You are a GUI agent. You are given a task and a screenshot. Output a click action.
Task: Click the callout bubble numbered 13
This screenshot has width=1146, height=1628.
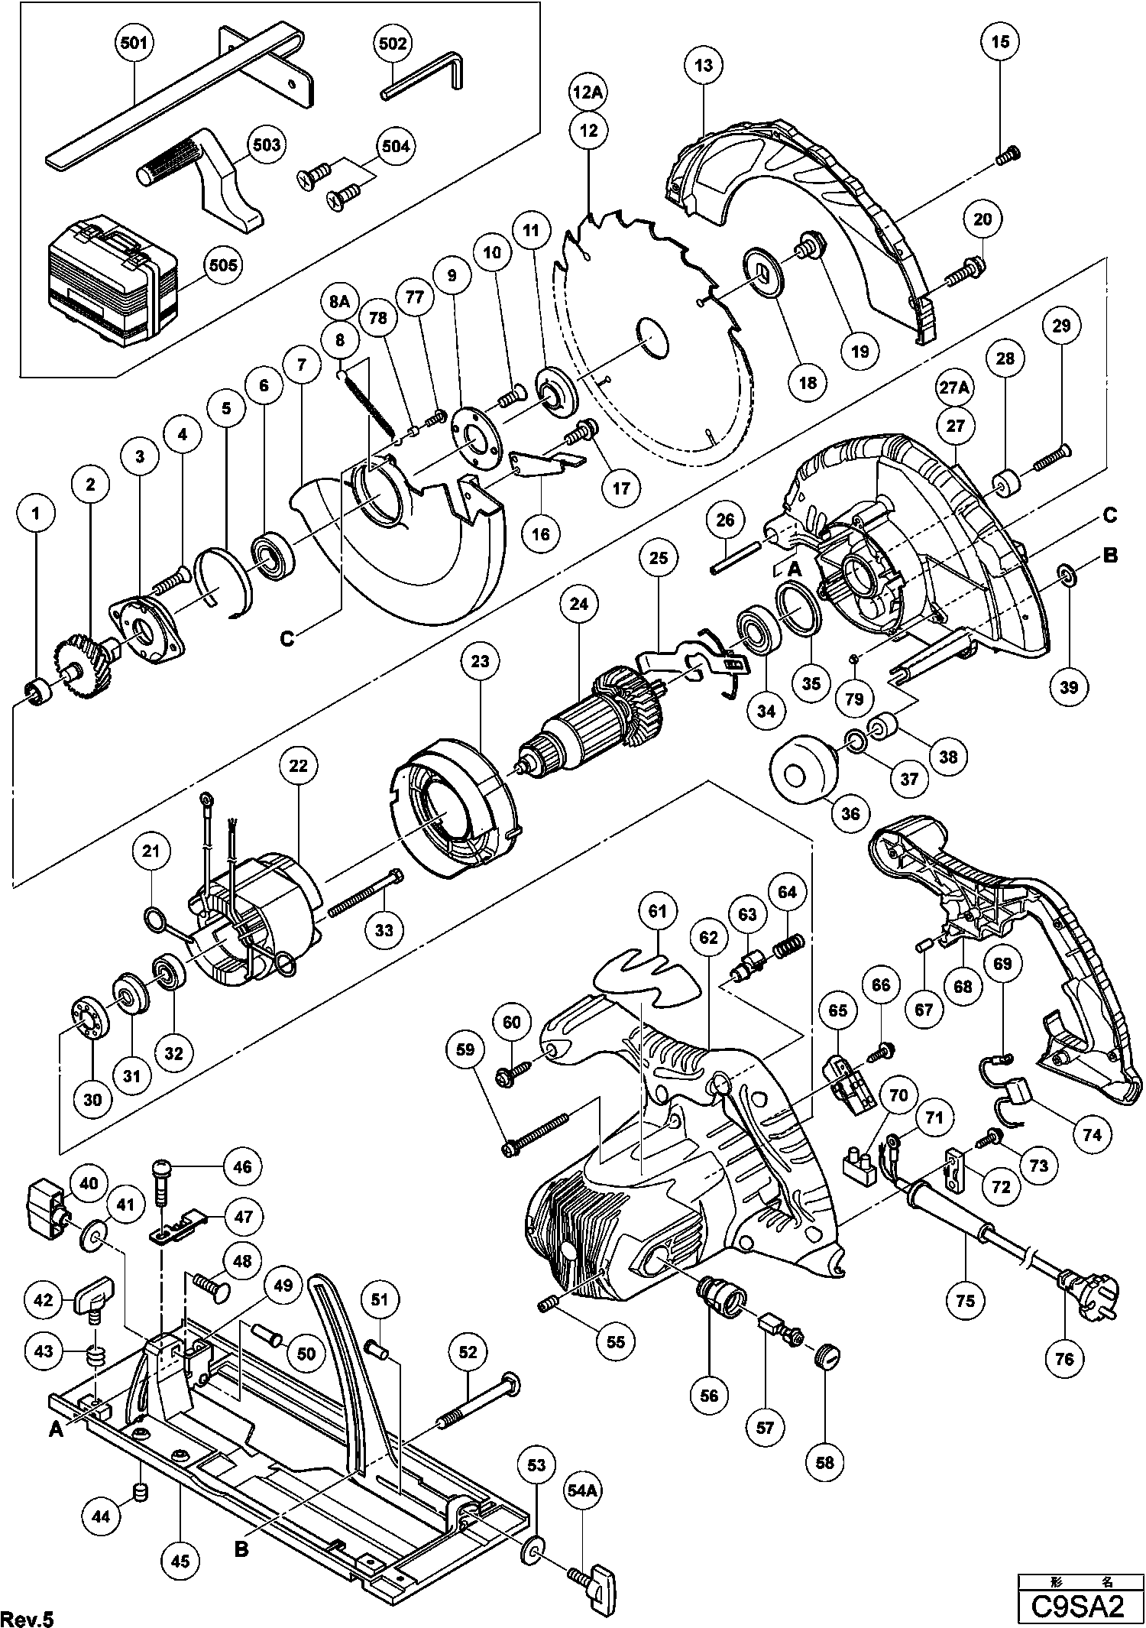(704, 65)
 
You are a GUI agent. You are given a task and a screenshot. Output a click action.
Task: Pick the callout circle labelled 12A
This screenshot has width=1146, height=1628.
(588, 93)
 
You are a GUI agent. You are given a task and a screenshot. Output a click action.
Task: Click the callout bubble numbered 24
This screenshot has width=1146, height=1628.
(579, 604)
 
